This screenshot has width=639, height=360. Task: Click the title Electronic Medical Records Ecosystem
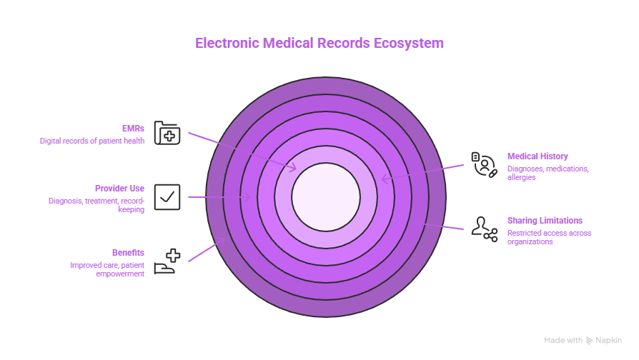click(319, 43)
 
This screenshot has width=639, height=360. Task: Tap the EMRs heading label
click(133, 128)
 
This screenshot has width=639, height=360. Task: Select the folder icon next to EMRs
click(167, 133)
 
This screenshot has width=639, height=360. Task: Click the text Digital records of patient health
click(92, 141)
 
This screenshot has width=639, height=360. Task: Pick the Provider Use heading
click(119, 189)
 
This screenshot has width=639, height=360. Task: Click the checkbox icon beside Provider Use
click(167, 197)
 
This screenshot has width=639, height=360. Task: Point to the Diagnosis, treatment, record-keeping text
click(96, 205)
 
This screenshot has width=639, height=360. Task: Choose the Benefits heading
click(128, 252)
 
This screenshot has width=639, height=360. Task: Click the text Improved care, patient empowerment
click(107, 269)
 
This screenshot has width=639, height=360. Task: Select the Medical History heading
click(538, 156)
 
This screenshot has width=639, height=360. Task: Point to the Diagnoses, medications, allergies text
click(548, 173)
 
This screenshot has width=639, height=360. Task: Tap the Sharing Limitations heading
click(545, 221)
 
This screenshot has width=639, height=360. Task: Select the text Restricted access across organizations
click(549, 237)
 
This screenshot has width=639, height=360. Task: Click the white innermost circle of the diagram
click(326, 197)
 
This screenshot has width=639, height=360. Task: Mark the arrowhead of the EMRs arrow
click(294, 169)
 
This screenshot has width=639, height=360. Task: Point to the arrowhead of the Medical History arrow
click(383, 179)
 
